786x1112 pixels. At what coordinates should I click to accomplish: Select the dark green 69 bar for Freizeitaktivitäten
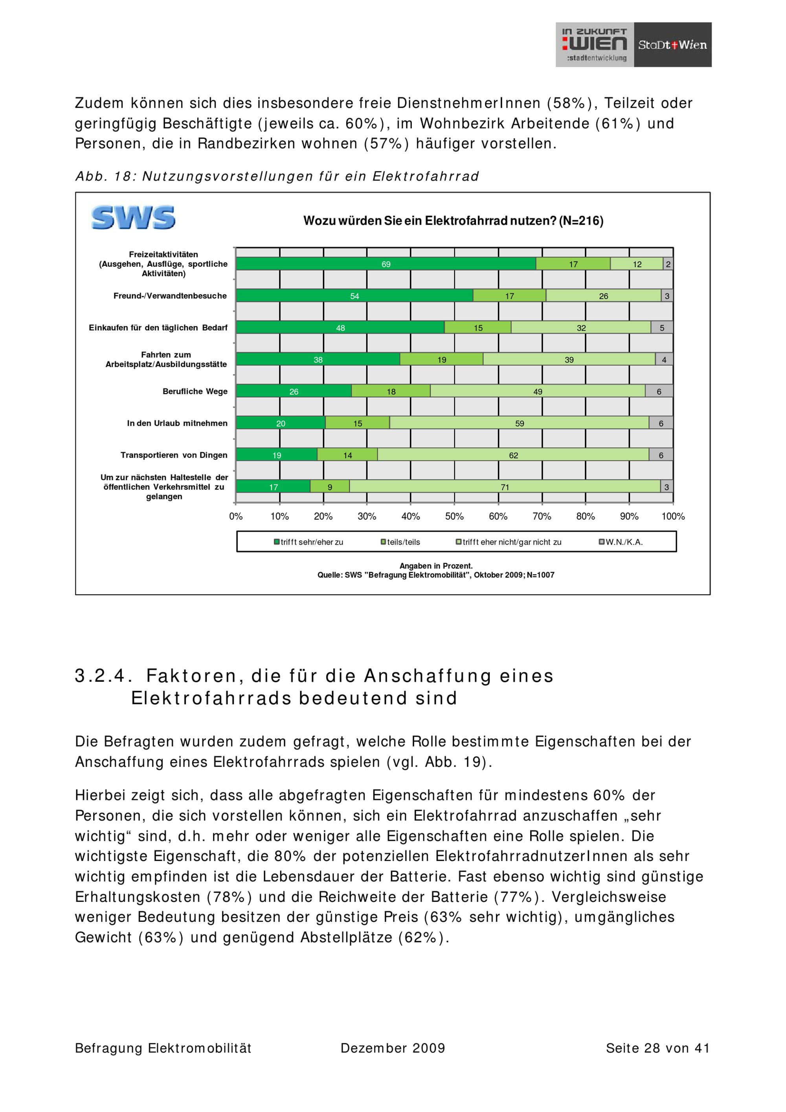coord(386,264)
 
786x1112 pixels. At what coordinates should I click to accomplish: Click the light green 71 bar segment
coord(505,487)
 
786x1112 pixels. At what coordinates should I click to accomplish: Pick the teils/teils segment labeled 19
coord(441,360)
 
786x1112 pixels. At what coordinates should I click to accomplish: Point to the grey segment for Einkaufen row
coord(661,328)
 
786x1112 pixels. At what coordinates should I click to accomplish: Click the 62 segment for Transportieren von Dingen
coord(513,455)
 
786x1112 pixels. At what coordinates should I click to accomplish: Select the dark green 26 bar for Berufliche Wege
coord(294,391)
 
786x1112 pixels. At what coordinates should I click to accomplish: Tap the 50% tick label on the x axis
coord(454,516)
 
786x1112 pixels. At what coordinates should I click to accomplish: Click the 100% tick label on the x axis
coord(673,516)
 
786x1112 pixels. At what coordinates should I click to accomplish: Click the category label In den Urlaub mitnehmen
coord(177,423)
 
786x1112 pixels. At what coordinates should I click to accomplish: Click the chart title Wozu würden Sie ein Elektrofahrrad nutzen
coord(453,221)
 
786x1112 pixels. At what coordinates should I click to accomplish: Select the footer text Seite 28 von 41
coord(657,1048)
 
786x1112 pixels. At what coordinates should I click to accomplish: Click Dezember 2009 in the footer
coord(392,1048)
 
